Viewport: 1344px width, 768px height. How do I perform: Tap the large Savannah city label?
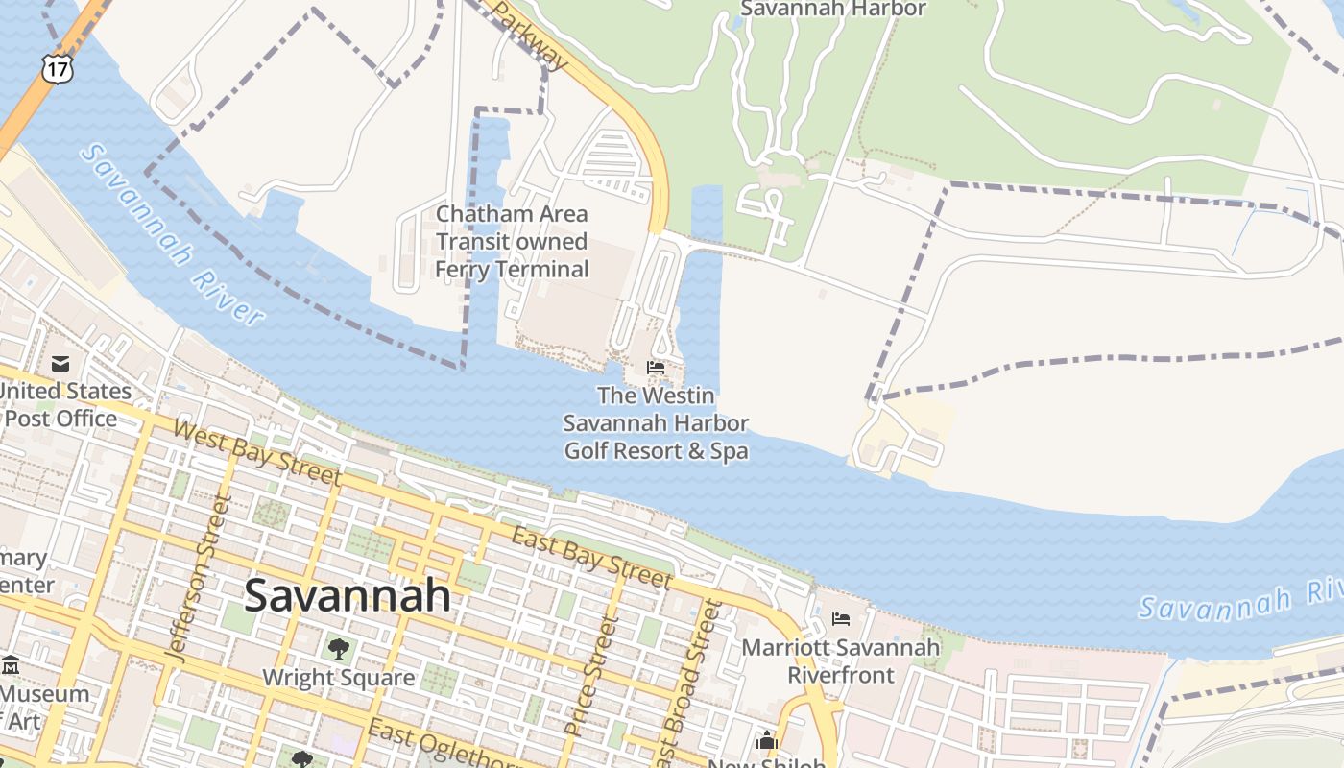click(x=348, y=595)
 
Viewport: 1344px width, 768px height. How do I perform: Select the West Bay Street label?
click(x=256, y=450)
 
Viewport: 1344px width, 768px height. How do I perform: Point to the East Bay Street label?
click(x=590, y=557)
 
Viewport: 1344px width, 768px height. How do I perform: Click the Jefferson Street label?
click(x=200, y=579)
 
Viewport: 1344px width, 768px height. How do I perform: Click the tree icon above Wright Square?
click(x=338, y=649)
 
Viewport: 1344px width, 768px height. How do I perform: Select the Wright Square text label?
click(x=339, y=678)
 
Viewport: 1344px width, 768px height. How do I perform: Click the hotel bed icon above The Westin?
click(x=656, y=367)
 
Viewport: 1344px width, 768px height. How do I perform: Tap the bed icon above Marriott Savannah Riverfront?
click(x=841, y=619)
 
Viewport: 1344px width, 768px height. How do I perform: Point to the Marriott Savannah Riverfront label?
click(x=840, y=660)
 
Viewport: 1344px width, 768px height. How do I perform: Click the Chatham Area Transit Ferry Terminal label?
click(x=512, y=241)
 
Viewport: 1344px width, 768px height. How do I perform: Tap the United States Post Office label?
click(x=61, y=404)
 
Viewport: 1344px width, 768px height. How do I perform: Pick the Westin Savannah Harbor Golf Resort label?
click(x=656, y=422)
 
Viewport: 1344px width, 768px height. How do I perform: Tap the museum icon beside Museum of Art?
click(x=11, y=665)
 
